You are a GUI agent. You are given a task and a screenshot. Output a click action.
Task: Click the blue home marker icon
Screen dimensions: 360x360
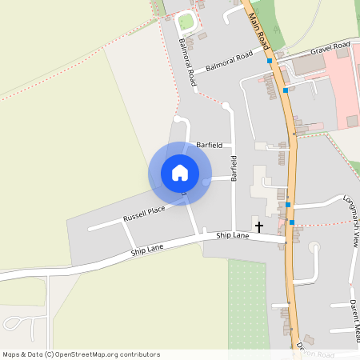180,172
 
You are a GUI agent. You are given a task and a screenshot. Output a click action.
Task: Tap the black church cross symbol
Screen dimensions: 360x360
258,227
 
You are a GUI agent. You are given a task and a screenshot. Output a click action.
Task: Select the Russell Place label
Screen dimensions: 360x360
144,214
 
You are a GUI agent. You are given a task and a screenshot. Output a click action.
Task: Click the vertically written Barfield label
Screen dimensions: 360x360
234,168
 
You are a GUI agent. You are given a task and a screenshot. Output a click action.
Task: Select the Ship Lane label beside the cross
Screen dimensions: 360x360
233,235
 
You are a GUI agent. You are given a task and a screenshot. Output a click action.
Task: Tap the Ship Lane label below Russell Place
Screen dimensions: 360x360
147,251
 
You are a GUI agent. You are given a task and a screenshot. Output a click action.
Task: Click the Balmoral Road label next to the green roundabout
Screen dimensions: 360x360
188,62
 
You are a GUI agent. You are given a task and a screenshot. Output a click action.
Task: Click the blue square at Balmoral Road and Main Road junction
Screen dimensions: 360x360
270,60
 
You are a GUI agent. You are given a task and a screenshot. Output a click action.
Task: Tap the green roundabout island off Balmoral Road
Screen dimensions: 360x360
186,22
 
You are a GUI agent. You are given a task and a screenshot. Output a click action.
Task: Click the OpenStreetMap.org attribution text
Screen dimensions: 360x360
104,354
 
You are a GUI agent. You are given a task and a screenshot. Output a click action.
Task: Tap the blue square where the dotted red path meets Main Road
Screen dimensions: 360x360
292,222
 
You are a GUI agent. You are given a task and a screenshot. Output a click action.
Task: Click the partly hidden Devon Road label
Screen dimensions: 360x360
316,353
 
